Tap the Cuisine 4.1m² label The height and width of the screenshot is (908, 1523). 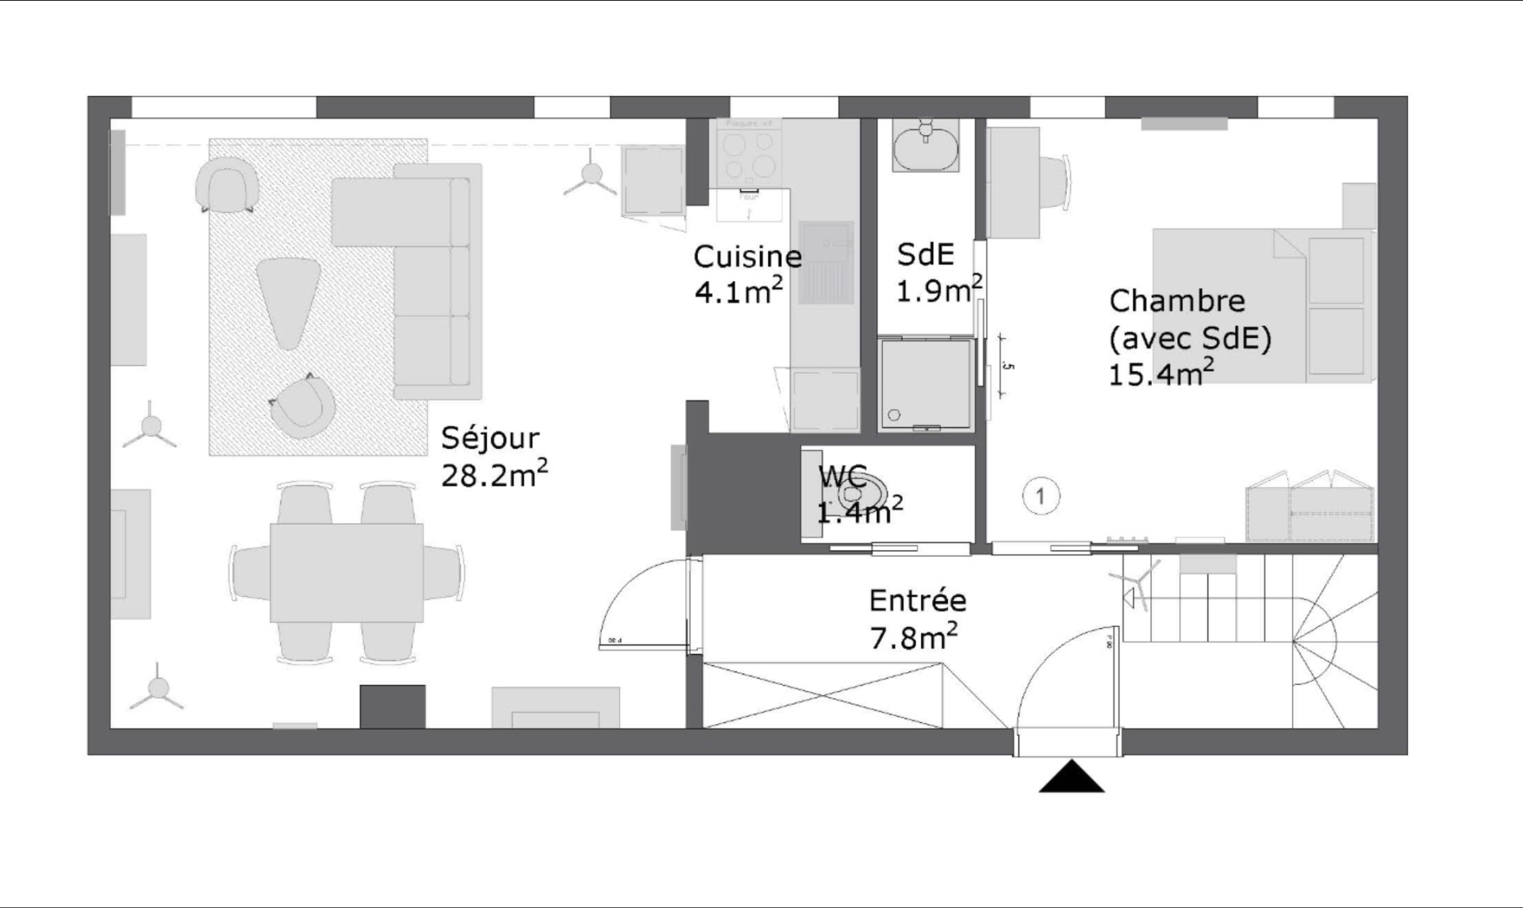pos(746,274)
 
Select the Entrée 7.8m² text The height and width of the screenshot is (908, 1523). pos(917,618)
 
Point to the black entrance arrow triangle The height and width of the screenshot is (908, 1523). pos(1072,779)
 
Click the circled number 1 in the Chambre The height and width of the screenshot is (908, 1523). pos(1040,497)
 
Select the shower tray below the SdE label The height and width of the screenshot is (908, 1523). pos(925,384)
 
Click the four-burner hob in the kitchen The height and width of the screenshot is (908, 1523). pos(749,156)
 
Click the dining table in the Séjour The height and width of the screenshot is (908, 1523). pos(346,572)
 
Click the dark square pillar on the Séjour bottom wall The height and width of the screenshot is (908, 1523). pos(393,706)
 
